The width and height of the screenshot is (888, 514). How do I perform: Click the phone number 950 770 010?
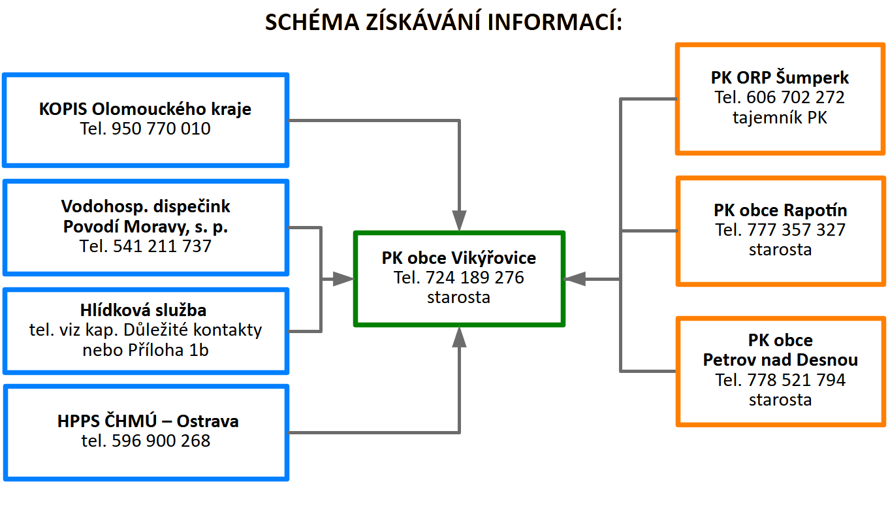coord(161,129)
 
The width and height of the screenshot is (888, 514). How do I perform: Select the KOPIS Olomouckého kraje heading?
coord(145,108)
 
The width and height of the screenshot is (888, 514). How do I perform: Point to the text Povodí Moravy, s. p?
coord(146,227)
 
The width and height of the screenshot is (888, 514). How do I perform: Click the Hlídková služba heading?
coord(146,310)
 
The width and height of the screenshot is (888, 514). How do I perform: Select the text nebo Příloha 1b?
coord(146,349)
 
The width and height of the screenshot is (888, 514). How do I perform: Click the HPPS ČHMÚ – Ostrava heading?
coord(148,421)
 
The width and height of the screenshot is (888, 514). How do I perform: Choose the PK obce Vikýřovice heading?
coord(458,258)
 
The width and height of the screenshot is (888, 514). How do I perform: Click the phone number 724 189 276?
coord(475,278)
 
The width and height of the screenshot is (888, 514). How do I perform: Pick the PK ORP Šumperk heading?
coord(780,78)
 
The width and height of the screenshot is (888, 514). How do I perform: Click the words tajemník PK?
coord(780,118)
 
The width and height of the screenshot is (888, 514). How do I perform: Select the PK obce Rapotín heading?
coord(780,210)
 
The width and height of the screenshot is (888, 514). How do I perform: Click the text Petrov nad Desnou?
coord(780,360)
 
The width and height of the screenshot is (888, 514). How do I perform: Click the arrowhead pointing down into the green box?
coord(460,221)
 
